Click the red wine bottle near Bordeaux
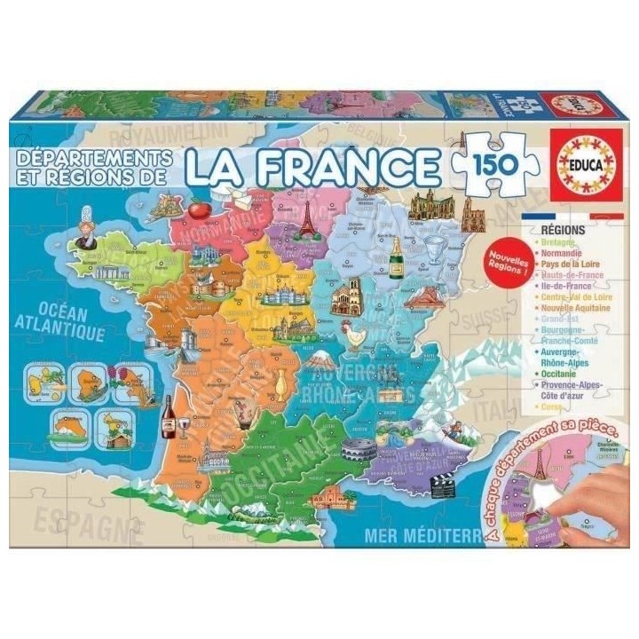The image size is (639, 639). [x=168, y=416]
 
